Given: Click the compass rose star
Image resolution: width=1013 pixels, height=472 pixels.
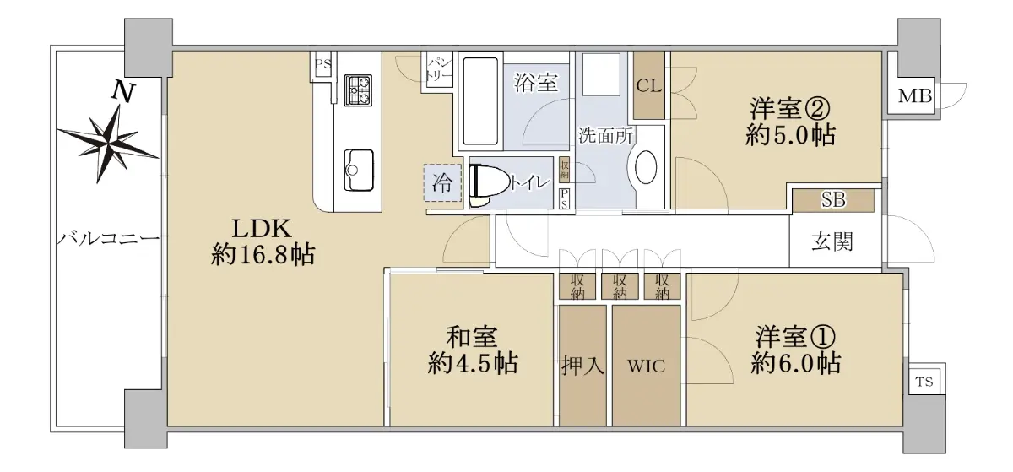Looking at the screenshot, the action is point(109,143).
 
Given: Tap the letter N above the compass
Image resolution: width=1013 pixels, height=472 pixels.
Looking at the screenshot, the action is point(123,93).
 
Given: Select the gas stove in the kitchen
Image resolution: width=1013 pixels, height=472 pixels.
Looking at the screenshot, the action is point(358,90).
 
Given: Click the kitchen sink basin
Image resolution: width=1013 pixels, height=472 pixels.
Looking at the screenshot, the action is point(359,171).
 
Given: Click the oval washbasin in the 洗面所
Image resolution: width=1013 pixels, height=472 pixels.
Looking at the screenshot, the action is point(646,167).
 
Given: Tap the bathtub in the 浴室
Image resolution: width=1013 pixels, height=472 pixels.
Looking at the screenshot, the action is point(480,101).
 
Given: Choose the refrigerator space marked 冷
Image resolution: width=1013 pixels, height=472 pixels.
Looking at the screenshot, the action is point(442,183).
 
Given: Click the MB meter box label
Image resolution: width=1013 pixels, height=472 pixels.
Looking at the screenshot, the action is point(915,96).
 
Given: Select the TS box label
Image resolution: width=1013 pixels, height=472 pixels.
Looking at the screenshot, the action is point(924,382).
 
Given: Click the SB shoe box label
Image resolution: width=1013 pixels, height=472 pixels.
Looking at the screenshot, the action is point(833,199).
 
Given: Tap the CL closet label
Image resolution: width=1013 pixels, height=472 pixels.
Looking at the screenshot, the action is point(649,86).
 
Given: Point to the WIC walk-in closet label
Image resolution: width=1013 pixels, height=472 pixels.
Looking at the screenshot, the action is point(647,366).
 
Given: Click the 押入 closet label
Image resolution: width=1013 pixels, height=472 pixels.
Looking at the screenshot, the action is point(583,366).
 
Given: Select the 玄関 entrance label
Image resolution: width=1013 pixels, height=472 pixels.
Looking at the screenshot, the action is point(832,241).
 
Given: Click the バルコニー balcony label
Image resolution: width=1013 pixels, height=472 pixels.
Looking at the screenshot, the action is point(109,238).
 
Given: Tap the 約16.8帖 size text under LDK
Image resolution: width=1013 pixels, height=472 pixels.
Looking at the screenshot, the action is point(263,255).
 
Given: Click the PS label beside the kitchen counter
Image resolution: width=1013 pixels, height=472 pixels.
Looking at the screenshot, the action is point(323,64).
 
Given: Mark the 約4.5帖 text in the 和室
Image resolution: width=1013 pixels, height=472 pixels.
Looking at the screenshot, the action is point(473,363).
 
